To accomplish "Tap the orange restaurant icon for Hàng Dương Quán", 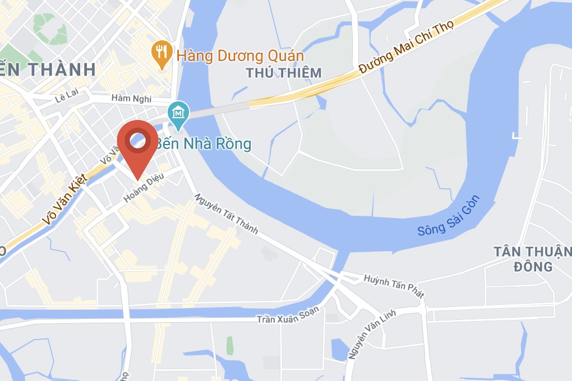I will [x=162, y=54].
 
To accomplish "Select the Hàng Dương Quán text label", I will [x=240, y=56].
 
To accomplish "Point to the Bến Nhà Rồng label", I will [x=203, y=144].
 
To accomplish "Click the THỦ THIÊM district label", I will [x=284, y=73].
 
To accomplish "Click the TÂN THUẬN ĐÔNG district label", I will [x=532, y=258].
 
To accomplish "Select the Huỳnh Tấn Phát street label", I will [x=394, y=286].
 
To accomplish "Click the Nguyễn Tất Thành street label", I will [x=226, y=213].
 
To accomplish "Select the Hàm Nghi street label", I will [x=131, y=99].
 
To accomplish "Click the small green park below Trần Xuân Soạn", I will [x=230, y=346].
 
